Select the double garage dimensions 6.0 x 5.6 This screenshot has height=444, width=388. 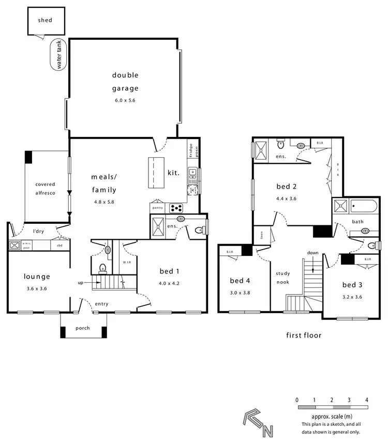pos(125,100)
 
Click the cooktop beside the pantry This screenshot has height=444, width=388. pos(176,208)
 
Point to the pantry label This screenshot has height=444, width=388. pos(158,208)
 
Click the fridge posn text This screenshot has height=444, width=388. pos(190,152)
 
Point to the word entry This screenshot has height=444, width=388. pos(102,304)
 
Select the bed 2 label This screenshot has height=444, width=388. pos(286,187)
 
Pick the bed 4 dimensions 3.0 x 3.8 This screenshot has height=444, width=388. pos(240,292)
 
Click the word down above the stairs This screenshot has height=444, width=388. pos(313,253)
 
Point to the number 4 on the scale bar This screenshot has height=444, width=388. pos(366,400)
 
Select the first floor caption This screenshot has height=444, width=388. pos(304,335)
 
